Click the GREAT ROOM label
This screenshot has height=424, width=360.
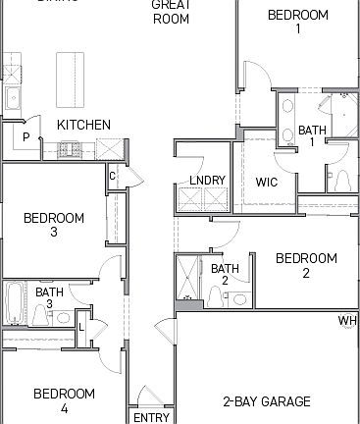coord(171,11)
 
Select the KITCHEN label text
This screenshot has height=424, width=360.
coord(83,125)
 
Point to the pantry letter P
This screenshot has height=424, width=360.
coord(26,136)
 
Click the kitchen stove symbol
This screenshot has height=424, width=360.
coord(72,149)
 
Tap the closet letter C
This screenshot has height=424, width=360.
coord(113,177)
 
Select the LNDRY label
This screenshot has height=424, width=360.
coord(207,181)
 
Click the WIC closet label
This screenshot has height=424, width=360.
coord(268,182)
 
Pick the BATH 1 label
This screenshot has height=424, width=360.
coord(312,136)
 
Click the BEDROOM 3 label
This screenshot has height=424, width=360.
coord(53,225)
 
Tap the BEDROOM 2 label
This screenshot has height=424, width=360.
coord(306,266)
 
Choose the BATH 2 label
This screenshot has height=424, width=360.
coord(225,275)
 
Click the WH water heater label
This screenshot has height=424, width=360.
coord(347,321)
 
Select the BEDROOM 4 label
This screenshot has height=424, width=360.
coord(65,400)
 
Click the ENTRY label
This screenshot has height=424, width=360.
coord(151,417)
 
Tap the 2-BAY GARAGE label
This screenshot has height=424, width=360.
coord(267,401)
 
